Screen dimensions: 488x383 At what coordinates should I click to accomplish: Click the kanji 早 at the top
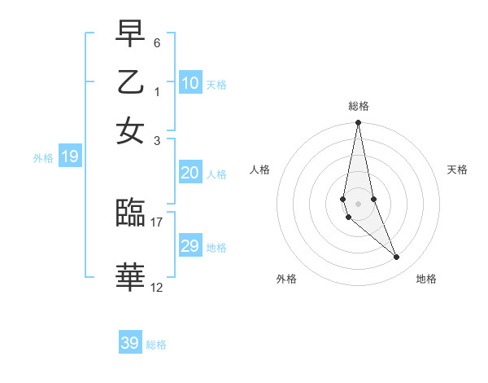pyautogui.click(x=131, y=34)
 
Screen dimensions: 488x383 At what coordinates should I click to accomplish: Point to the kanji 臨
pyautogui.click(x=131, y=214)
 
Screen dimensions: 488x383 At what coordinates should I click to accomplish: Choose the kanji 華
pyautogui.click(x=131, y=278)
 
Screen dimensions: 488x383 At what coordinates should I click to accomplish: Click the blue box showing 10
pyautogui.click(x=190, y=82)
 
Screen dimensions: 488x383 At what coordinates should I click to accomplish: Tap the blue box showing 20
pyautogui.click(x=190, y=173)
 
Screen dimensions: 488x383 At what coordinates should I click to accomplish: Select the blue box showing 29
pyautogui.click(x=190, y=246)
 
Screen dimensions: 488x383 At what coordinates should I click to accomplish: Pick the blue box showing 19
pyautogui.click(x=69, y=157)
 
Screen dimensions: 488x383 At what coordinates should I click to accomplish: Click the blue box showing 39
pyautogui.click(x=130, y=343)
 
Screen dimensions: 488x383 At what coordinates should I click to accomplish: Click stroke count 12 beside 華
pyautogui.click(x=157, y=287)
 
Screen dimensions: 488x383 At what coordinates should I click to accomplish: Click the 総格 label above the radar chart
pyautogui.click(x=359, y=106)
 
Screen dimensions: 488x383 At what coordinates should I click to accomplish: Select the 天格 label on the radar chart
pyautogui.click(x=457, y=169)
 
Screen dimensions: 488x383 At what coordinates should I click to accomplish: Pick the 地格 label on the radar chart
pyautogui.click(x=426, y=279)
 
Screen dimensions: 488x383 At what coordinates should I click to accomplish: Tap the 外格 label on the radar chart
pyautogui.click(x=286, y=279)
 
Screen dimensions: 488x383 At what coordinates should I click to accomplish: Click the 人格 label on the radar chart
pyautogui.click(x=260, y=169)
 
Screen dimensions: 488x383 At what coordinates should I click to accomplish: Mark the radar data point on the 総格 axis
pyautogui.click(x=358, y=123)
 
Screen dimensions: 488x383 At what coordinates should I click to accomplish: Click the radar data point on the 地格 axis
pyautogui.click(x=397, y=258)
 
